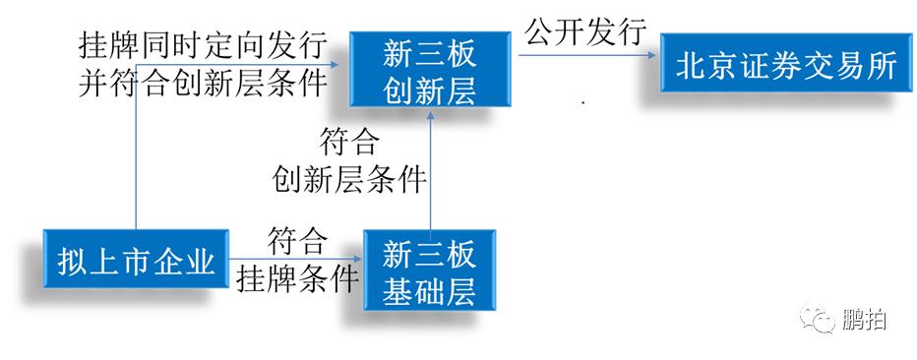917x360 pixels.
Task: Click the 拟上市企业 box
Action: (x=135, y=261)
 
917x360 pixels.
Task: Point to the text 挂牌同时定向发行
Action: (x=203, y=46)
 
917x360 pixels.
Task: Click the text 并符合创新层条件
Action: (x=203, y=83)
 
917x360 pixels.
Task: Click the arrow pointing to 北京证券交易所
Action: (x=587, y=56)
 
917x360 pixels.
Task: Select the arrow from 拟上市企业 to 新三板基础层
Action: (x=295, y=261)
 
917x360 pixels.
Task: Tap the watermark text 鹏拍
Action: (x=863, y=319)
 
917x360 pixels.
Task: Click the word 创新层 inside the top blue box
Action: (x=429, y=90)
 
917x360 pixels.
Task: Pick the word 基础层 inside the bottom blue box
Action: (x=429, y=291)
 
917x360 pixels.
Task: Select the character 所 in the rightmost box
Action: (x=883, y=66)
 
